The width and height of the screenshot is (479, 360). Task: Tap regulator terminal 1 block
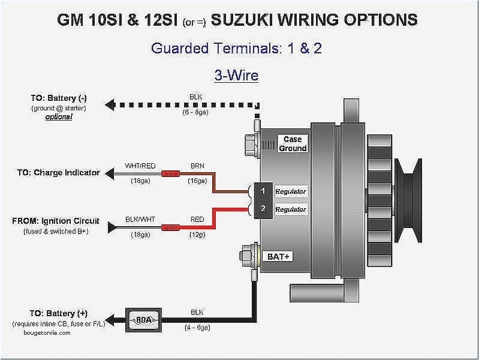click(x=263, y=191)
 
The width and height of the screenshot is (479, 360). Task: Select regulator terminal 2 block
click(x=263, y=209)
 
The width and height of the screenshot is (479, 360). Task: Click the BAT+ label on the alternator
click(x=277, y=256)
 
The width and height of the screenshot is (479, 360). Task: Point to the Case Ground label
click(x=293, y=143)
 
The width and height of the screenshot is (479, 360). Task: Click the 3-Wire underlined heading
click(x=236, y=75)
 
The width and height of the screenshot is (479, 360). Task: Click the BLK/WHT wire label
click(x=140, y=219)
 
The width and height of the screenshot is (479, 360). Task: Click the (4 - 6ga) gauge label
click(x=197, y=328)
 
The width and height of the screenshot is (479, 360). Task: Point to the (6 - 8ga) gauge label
click(x=196, y=112)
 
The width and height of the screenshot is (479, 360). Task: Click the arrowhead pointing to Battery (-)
click(x=109, y=104)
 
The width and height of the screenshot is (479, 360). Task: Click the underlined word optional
click(x=59, y=117)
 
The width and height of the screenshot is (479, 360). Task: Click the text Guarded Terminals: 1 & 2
click(x=236, y=49)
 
